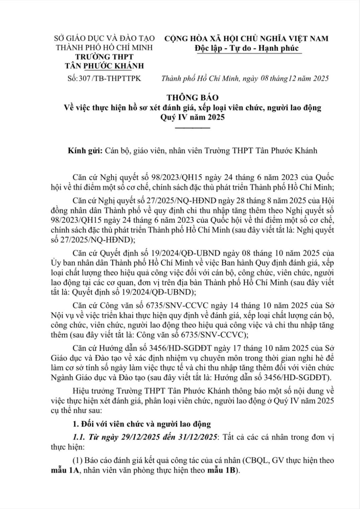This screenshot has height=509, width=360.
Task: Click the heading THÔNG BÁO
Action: tap(194, 97)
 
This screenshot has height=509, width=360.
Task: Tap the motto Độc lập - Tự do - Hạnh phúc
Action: tap(247, 48)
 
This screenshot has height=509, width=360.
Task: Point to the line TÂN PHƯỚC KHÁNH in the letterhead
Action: tap(105, 65)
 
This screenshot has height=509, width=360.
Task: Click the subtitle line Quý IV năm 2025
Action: tap(192, 118)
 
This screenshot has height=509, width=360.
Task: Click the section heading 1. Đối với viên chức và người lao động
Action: tap(142, 424)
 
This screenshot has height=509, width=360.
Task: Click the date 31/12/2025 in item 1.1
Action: tap(198, 437)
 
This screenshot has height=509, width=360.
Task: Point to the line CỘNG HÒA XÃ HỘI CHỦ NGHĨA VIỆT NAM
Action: tap(246, 38)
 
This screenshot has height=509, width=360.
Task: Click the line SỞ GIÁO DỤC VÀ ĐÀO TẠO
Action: tap(105, 38)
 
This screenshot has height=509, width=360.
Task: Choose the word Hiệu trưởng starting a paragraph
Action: tap(92, 391)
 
